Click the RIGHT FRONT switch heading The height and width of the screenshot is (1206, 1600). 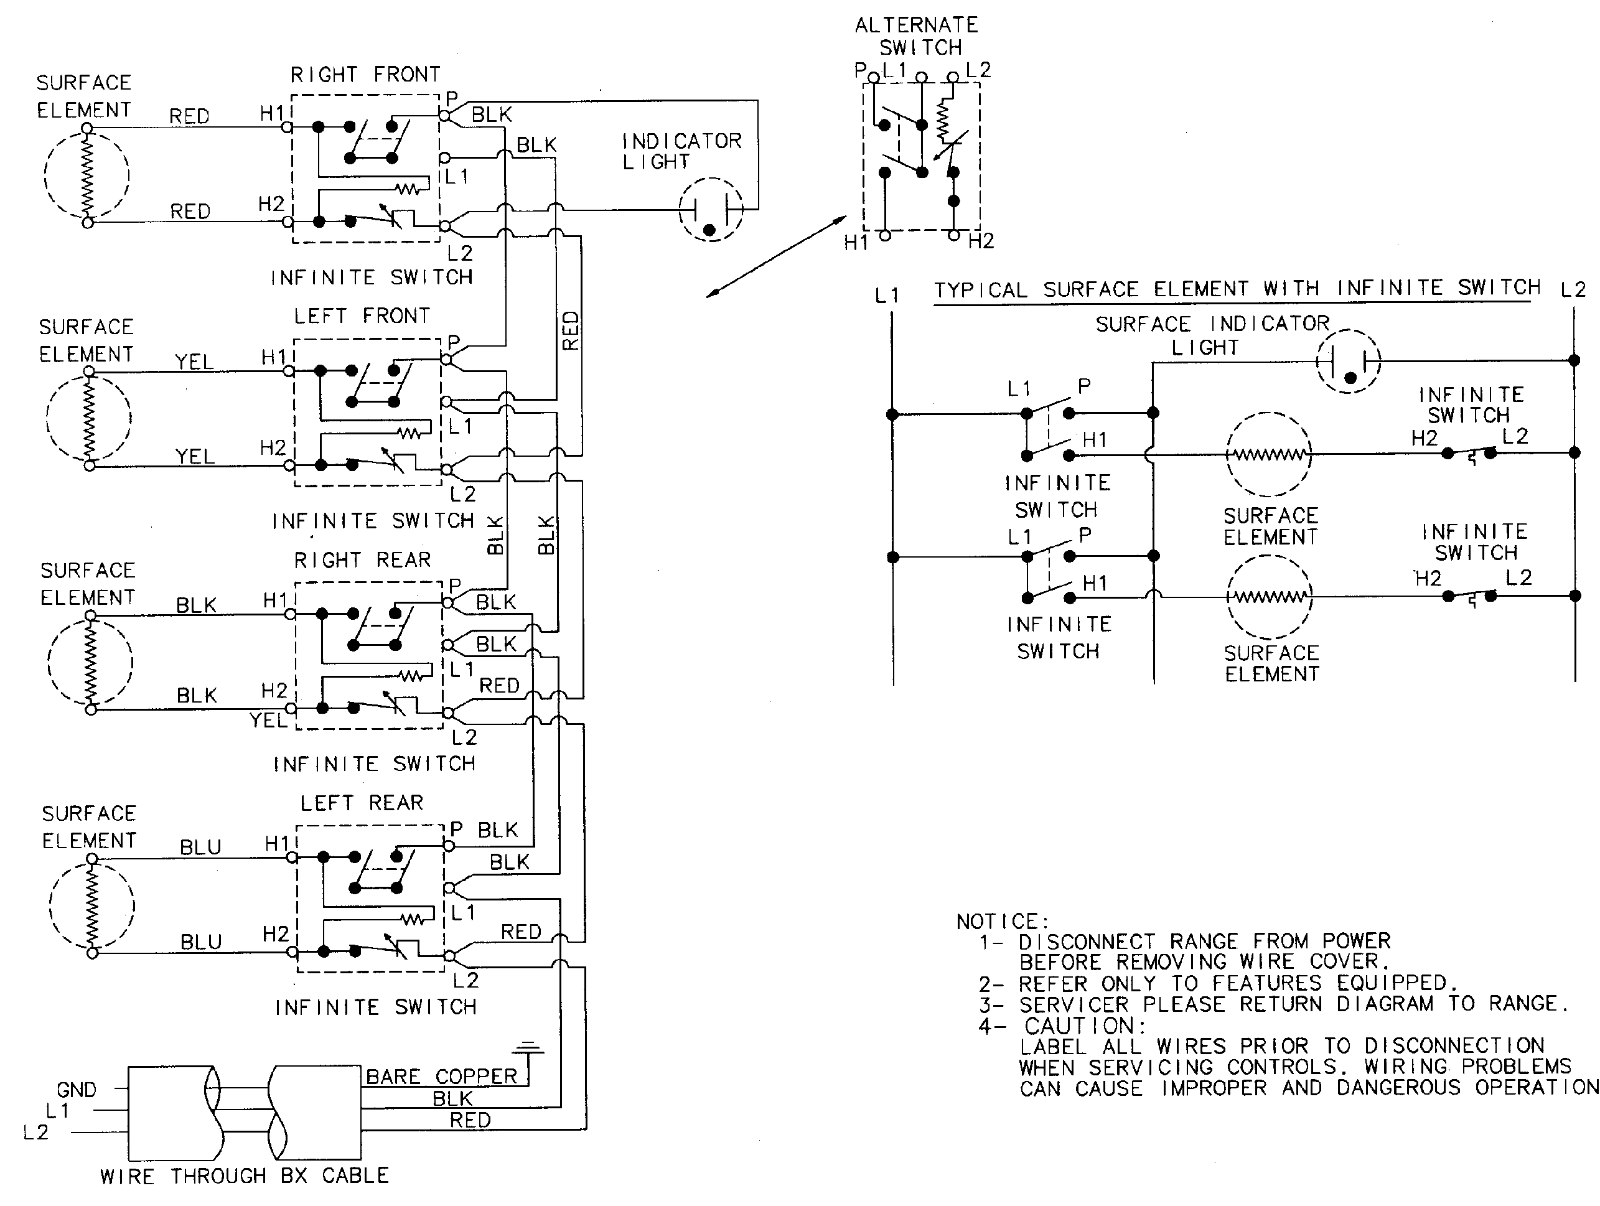[365, 75]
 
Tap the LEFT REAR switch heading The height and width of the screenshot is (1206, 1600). [362, 803]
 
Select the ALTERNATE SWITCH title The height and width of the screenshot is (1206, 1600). [917, 36]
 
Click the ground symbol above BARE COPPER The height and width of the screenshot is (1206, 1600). [528, 1047]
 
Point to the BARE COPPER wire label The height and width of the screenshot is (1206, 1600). [441, 1077]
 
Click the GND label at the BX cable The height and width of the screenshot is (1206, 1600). [76, 1090]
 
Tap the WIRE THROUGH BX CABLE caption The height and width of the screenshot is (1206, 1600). [245, 1176]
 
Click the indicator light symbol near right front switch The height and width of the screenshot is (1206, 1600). [711, 210]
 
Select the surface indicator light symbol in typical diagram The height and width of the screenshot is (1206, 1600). [1349, 361]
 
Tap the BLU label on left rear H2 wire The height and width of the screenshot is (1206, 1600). [201, 942]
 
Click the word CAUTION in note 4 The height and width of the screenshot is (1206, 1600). [1085, 1026]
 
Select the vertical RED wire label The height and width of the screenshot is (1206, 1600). [571, 330]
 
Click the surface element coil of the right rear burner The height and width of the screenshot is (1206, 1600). [90, 662]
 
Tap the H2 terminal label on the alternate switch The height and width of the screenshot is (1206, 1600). [981, 241]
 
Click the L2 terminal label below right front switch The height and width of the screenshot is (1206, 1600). [460, 253]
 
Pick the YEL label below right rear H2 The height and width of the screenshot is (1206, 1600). [268, 720]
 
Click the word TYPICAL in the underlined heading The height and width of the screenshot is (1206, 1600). [980, 290]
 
